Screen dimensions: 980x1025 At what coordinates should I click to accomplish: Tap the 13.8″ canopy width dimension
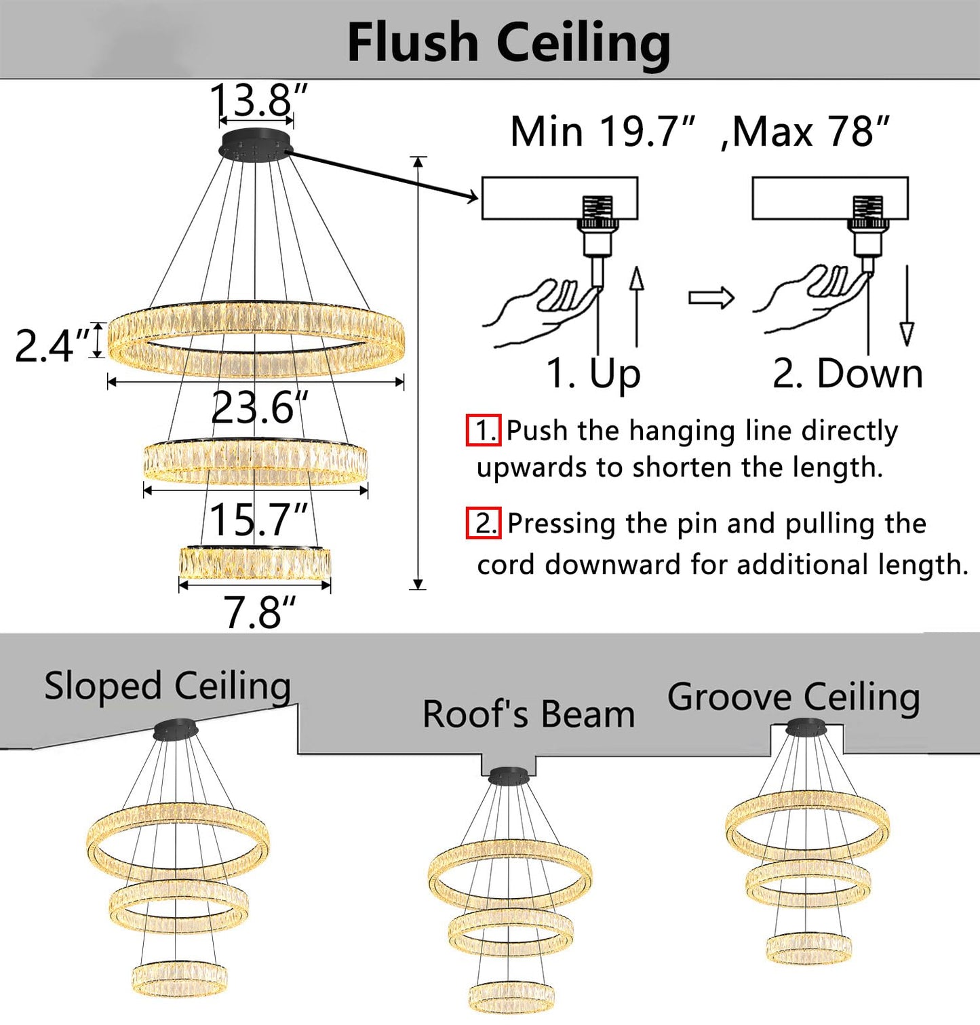(258, 100)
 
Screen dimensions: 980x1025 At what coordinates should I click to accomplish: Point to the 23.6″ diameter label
(260, 407)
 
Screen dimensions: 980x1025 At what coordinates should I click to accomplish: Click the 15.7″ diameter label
(258, 520)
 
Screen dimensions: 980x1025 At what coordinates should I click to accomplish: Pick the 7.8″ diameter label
(260, 612)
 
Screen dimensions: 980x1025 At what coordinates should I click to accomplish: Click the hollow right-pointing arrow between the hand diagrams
(711, 298)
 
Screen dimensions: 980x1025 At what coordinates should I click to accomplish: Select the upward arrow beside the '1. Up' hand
(636, 307)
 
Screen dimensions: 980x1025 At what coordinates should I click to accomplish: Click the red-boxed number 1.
(484, 430)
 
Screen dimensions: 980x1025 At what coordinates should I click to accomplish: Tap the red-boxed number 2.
(484, 523)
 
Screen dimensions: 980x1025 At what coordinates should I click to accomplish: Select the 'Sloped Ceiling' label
(168, 686)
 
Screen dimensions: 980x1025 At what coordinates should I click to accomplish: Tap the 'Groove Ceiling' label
(793, 697)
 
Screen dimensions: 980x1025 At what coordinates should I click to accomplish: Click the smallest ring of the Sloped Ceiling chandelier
(179, 979)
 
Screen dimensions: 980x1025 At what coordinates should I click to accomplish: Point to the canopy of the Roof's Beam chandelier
(509, 775)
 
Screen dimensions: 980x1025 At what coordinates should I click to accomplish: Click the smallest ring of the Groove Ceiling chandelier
(808, 947)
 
